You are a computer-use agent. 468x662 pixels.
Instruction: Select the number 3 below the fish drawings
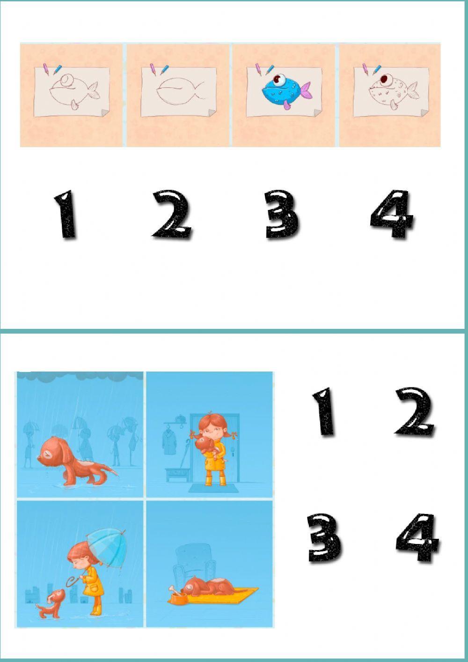281,215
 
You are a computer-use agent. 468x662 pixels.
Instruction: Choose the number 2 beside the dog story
415,412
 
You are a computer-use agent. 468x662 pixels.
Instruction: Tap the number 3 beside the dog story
324,537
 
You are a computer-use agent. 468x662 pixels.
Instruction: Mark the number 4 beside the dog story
417,538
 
